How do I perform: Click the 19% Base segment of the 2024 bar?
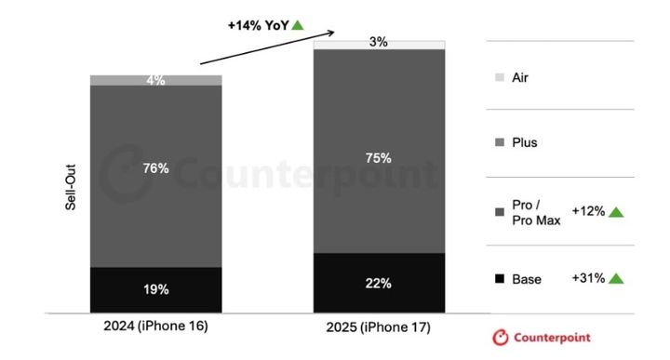[x=156, y=290]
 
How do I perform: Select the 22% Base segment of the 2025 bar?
[x=379, y=283]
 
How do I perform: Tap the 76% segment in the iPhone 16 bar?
[x=156, y=177]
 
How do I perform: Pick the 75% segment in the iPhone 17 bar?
[x=379, y=152]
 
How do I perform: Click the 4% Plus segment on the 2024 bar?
[x=156, y=80]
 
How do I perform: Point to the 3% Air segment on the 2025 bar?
[x=379, y=45]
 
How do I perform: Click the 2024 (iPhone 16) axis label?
[x=156, y=326]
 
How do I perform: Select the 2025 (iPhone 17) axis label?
[x=379, y=327]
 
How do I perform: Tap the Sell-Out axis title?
[x=71, y=187]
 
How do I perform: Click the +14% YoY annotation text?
[x=259, y=26]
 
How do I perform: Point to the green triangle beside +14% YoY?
[x=298, y=25]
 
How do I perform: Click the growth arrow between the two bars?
[x=267, y=47]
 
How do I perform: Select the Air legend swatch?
[x=500, y=77]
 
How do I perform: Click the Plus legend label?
[x=525, y=142]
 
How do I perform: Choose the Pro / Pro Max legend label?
[x=536, y=212]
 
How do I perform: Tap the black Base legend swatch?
[x=500, y=279]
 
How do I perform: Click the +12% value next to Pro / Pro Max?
[x=588, y=211]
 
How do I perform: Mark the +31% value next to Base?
[x=588, y=278]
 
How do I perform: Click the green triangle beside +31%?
[x=616, y=278]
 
